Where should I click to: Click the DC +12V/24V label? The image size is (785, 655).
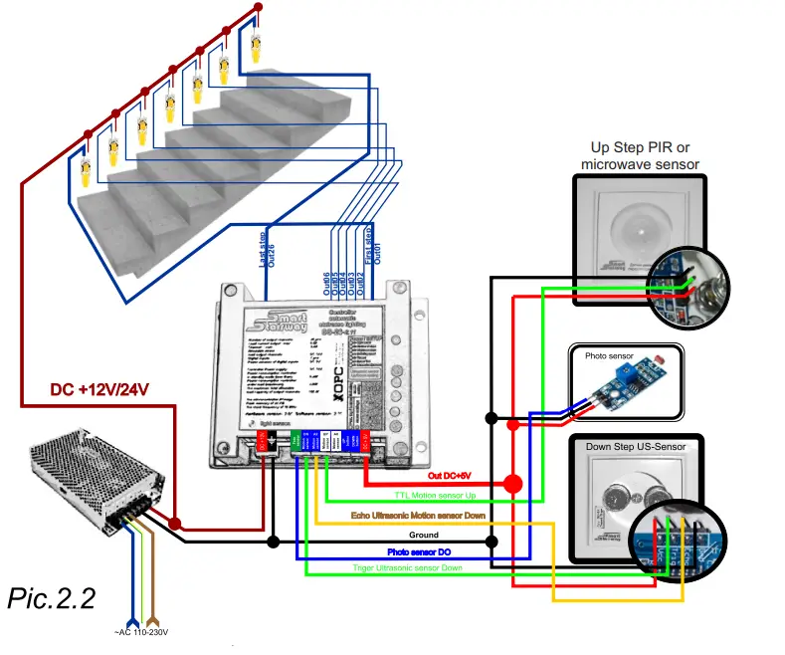coord(99,389)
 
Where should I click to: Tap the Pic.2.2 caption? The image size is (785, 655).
coord(52,598)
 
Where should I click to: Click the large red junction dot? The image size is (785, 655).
coord(512,485)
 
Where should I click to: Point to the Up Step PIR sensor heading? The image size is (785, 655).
coord(640,155)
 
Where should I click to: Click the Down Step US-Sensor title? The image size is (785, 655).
coord(636,446)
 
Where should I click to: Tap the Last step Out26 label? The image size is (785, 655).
coord(267,250)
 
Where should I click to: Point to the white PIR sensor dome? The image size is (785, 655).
coord(635,226)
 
